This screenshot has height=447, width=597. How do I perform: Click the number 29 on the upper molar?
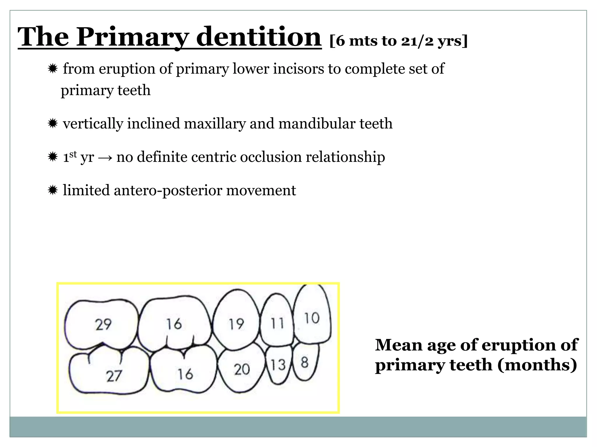click(103, 324)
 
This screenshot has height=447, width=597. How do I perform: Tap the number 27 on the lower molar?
click(114, 376)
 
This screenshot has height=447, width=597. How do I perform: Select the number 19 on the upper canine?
click(236, 324)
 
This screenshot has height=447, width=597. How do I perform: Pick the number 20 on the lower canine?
click(242, 370)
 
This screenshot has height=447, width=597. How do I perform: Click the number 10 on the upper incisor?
click(312, 318)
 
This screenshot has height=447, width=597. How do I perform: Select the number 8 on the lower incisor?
click(305, 363)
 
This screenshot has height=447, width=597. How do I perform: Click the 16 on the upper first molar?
click(174, 324)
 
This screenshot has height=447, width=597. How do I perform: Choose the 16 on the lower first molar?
click(185, 374)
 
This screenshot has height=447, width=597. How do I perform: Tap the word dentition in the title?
click(259, 37)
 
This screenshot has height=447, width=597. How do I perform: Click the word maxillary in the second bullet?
click(215, 124)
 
